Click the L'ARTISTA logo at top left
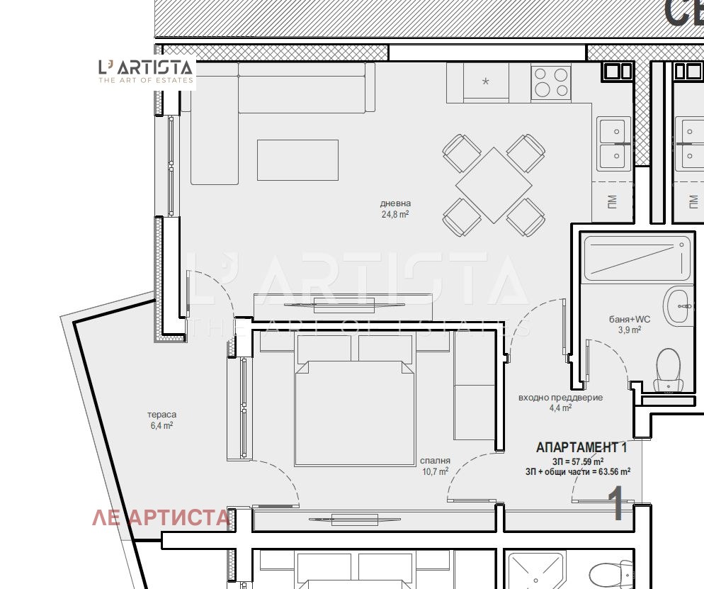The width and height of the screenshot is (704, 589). (146, 72)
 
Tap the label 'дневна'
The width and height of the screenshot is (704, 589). (395, 203)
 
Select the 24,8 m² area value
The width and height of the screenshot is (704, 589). (395, 214)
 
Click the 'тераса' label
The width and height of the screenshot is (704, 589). (161, 415)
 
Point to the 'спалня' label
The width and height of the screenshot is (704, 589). (435, 461)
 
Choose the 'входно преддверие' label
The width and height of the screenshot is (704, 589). (560, 398)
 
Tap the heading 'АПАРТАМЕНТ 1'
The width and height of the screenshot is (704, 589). (581, 447)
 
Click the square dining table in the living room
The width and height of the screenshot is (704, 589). (494, 185)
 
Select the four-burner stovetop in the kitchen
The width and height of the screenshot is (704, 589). (551, 82)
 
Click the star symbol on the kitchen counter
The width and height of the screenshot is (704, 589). (485, 82)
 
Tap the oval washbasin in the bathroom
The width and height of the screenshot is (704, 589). (678, 307)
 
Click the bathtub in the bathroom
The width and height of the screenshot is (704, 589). (637, 259)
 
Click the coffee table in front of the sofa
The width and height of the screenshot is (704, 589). (297, 160)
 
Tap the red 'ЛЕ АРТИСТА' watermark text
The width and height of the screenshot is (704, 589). (161, 517)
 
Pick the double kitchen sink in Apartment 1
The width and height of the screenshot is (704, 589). (614, 144)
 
